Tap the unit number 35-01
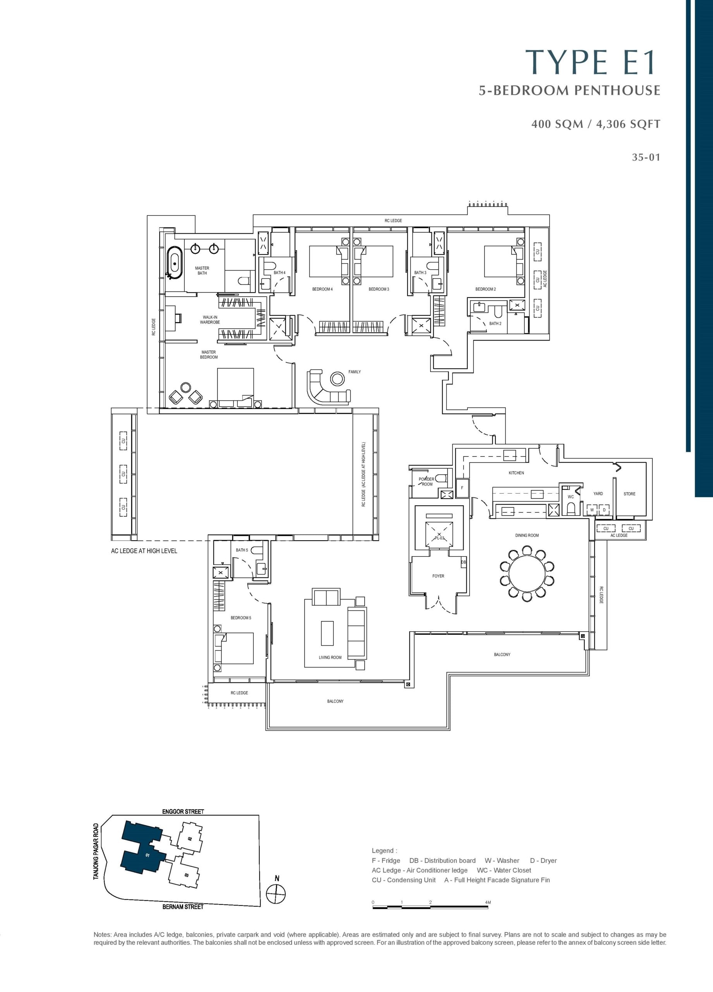646,157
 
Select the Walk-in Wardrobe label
210,320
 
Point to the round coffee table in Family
337,378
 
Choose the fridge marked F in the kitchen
462,488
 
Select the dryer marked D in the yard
604,510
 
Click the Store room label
629,494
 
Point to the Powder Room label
427,482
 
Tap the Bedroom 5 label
241,618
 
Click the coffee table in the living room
327,633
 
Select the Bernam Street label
183,907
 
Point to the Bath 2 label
495,324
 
